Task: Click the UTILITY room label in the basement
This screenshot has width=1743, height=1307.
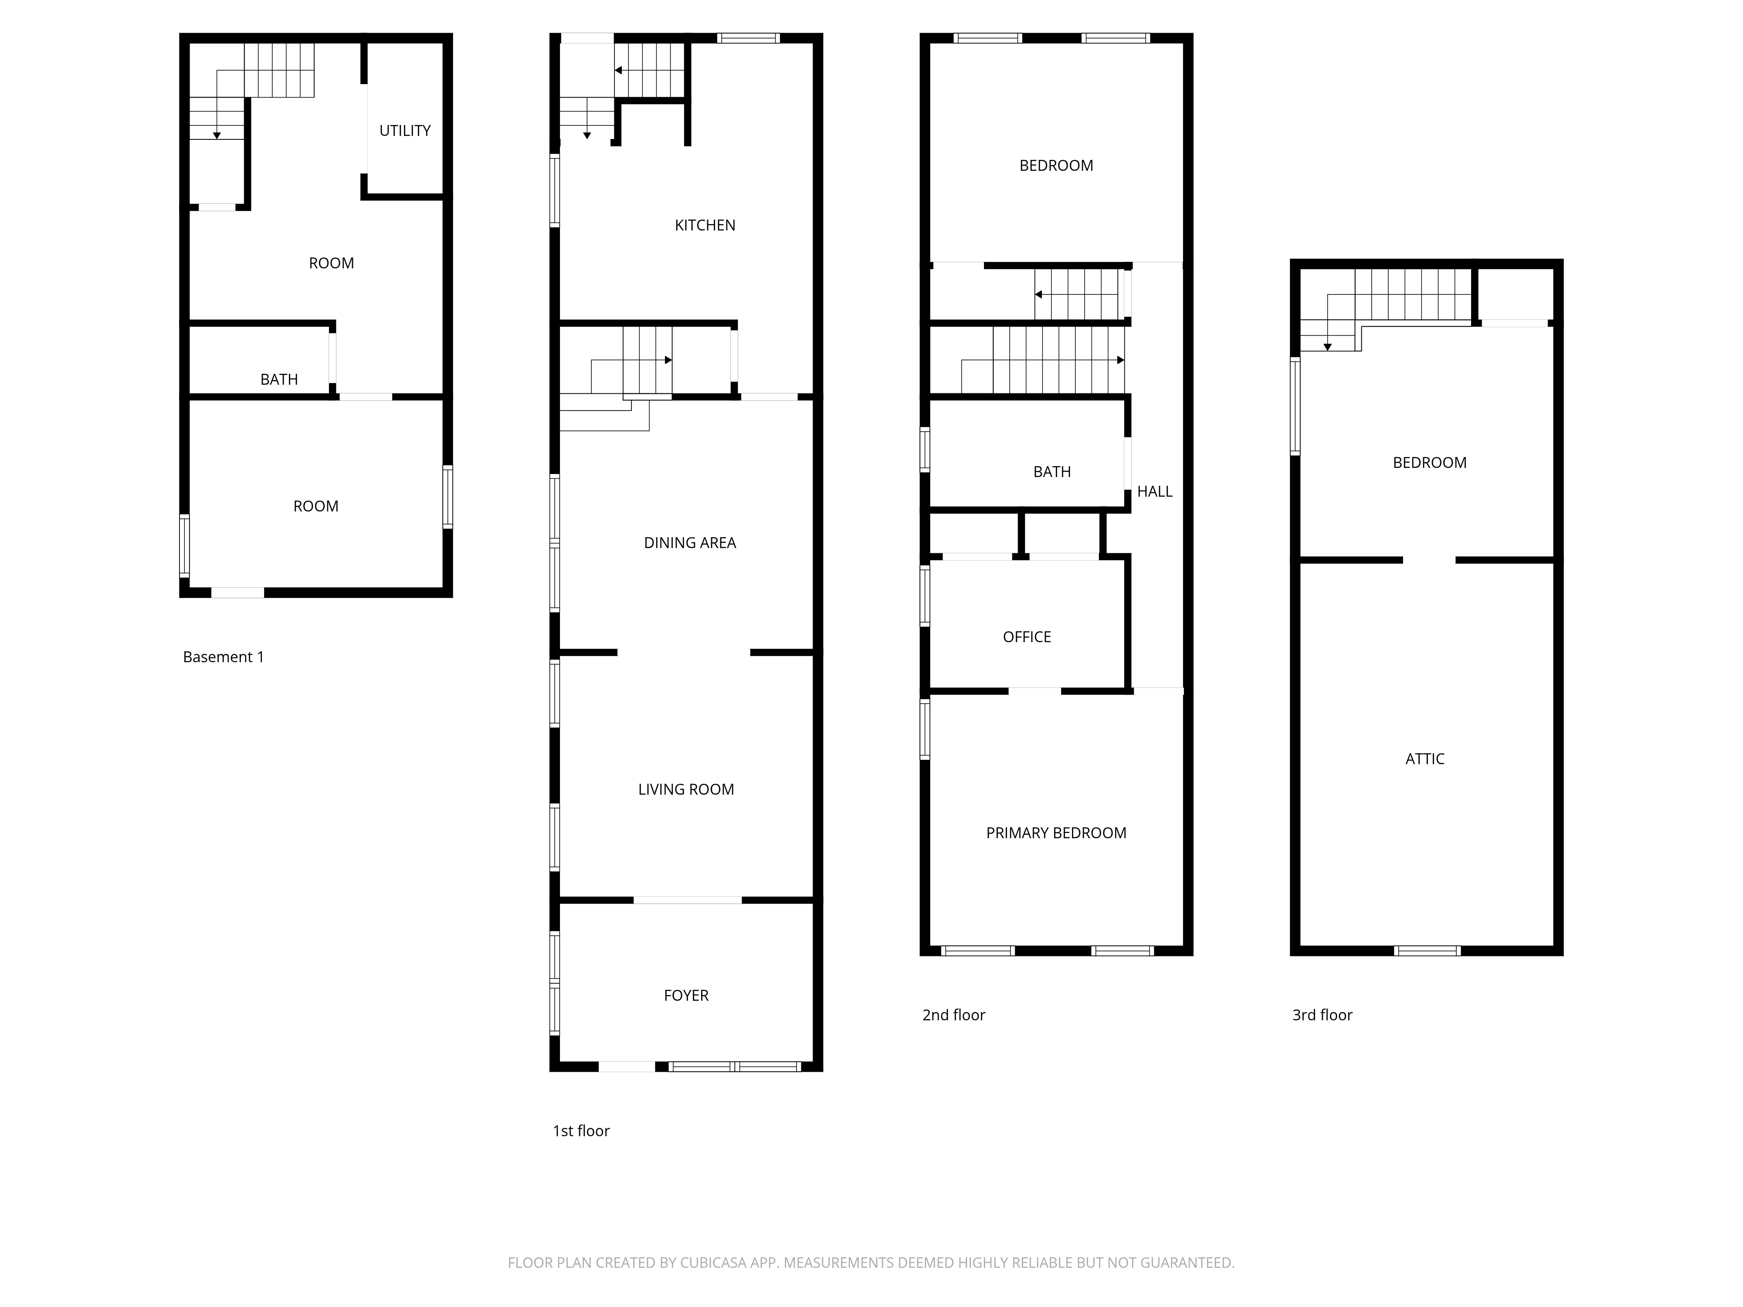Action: pyautogui.click(x=405, y=131)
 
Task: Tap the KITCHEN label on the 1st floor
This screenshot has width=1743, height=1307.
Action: pyautogui.click(x=705, y=225)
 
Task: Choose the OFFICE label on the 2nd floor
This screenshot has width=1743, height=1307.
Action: pyautogui.click(x=1027, y=637)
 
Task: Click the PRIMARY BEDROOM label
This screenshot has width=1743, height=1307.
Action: pyautogui.click(x=1056, y=833)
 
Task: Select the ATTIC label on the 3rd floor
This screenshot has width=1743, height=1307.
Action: pyautogui.click(x=1424, y=758)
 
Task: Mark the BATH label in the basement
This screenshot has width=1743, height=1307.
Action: pyautogui.click(x=279, y=380)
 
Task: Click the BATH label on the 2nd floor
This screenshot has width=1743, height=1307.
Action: pyautogui.click(x=1052, y=472)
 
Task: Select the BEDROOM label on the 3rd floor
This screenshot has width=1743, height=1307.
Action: pyautogui.click(x=1429, y=462)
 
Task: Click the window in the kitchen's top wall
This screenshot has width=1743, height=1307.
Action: pyautogui.click(x=748, y=38)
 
